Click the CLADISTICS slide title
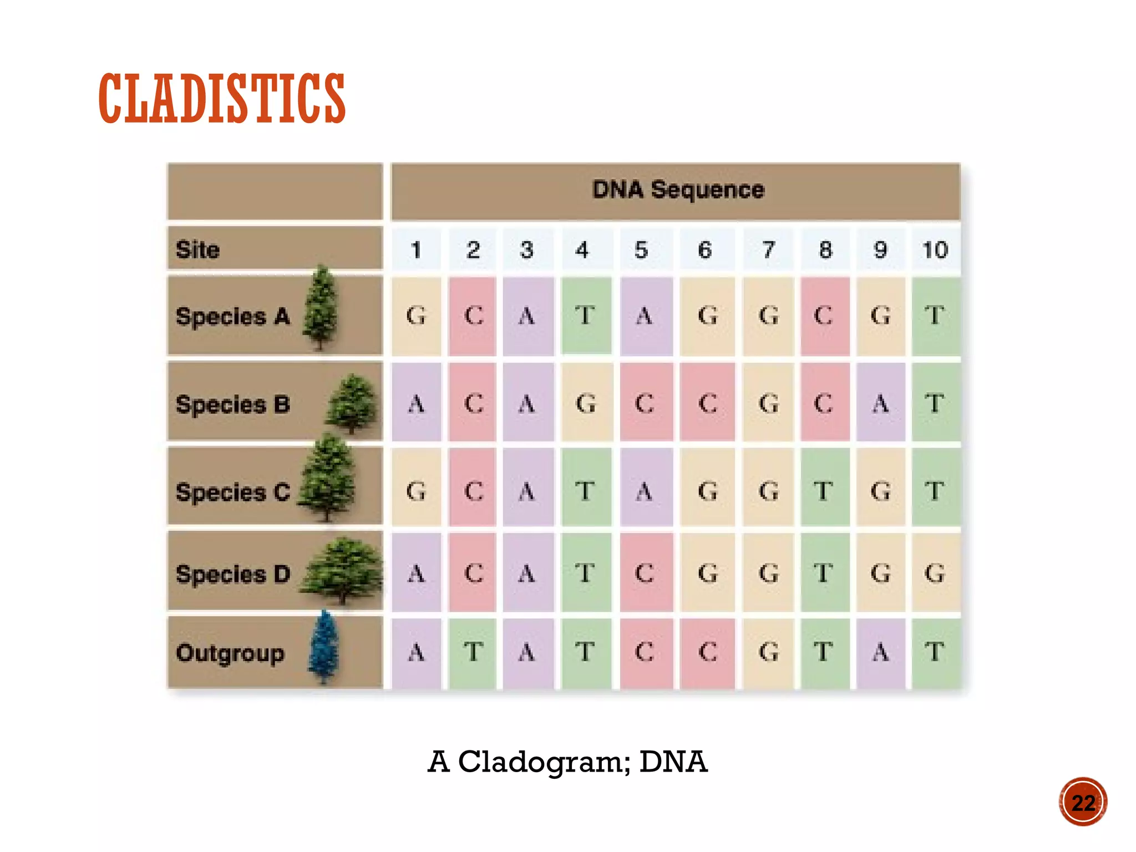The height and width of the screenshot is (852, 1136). click(222, 98)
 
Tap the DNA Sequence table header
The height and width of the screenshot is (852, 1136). click(678, 190)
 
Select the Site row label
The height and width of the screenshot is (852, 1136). click(198, 250)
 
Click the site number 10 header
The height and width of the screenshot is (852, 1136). click(935, 250)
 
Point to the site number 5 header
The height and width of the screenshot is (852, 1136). click(641, 250)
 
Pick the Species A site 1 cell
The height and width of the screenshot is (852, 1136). click(416, 316)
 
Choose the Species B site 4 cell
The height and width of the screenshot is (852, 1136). click(586, 403)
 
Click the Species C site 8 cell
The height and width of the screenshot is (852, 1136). click(824, 491)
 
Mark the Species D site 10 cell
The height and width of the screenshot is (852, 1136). click(935, 573)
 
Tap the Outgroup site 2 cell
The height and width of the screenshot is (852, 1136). click(473, 652)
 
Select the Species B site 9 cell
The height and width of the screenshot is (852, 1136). click(880, 403)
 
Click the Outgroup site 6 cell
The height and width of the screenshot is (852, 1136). click(707, 652)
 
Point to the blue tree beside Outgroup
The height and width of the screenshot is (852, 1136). click(324, 647)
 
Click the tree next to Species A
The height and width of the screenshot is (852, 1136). click(321, 308)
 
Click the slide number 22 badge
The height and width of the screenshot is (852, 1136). click(1083, 802)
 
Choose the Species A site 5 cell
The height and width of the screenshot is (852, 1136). click(645, 316)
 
